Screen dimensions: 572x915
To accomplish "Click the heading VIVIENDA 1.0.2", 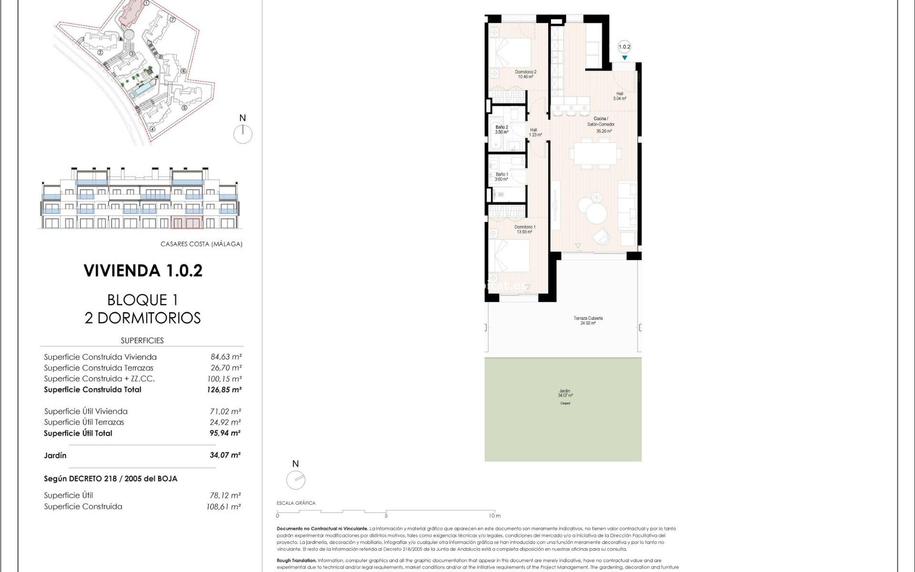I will (x=143, y=271).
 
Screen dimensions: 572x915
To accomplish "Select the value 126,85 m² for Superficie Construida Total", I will (x=224, y=389).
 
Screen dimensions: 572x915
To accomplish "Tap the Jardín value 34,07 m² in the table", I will (x=225, y=455).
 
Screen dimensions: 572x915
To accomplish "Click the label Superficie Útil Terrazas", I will (x=84, y=422).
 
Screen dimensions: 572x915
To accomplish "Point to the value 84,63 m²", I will (x=226, y=357).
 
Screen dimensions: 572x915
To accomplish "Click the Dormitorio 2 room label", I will (x=525, y=74).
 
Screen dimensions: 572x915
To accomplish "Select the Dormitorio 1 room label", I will (x=525, y=229).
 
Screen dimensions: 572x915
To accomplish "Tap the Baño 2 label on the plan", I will (x=501, y=130).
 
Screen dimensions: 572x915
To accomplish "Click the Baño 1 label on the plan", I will (x=501, y=177).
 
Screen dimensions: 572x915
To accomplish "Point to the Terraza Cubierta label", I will (x=588, y=320).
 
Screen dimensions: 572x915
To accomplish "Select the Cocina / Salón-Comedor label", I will (x=600, y=124).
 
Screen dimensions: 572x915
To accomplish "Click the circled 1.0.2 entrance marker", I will (x=624, y=47).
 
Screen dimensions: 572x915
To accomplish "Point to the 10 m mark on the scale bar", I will (x=494, y=515).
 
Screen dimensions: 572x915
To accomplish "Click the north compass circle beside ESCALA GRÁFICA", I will (x=295, y=480).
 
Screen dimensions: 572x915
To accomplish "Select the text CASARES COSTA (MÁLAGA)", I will (x=201, y=244).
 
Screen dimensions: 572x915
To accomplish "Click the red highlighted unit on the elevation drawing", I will (x=187, y=223).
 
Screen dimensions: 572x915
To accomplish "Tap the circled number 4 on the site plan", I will (x=152, y=129).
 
